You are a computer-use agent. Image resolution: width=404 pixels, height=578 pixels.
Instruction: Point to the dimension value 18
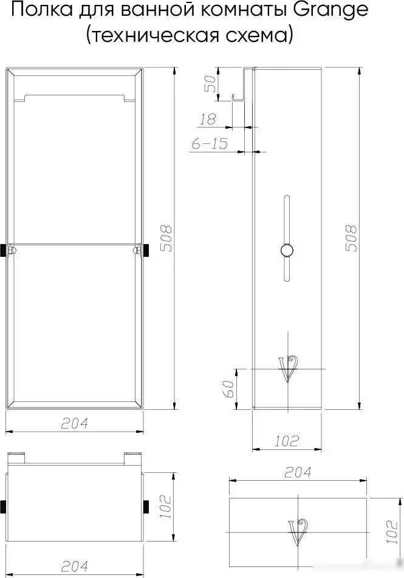pyautogui.click(x=208, y=119)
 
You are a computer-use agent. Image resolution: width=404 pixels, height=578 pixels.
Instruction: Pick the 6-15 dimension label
pyautogui.click(x=210, y=143)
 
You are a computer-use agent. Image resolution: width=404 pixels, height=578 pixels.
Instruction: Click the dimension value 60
pyautogui.click(x=229, y=389)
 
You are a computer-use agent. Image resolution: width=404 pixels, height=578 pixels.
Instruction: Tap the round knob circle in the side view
pyautogui.click(x=286, y=251)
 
